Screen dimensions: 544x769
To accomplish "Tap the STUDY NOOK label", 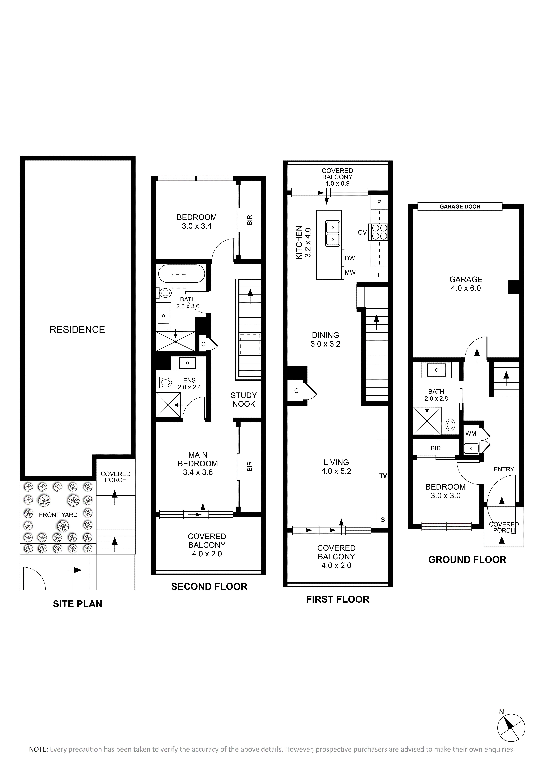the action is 244,400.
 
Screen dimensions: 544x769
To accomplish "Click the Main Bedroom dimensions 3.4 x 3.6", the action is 198,472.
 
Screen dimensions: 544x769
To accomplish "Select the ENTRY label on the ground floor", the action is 504,469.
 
